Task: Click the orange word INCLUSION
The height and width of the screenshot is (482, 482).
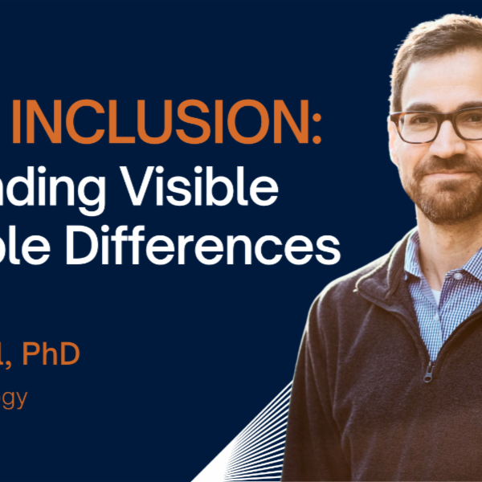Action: [x=197, y=125]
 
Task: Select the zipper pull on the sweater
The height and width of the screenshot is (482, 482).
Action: [x=429, y=370]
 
